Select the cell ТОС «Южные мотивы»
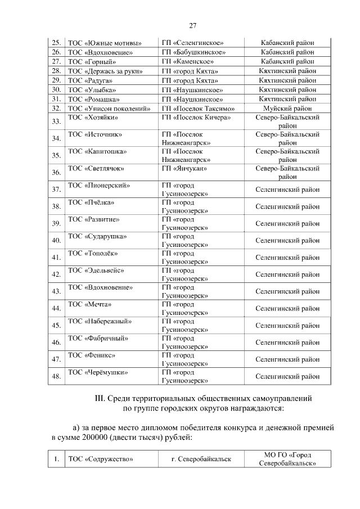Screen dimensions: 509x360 [104, 43]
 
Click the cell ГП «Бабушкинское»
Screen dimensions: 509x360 [193, 52]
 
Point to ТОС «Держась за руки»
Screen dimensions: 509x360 [105, 71]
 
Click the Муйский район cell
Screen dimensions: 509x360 [287, 109]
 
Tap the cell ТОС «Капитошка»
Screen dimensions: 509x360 [97, 151]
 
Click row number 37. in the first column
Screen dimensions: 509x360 [56, 190]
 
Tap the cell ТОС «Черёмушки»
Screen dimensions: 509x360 [97, 372]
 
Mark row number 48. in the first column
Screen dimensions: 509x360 [56, 376]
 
